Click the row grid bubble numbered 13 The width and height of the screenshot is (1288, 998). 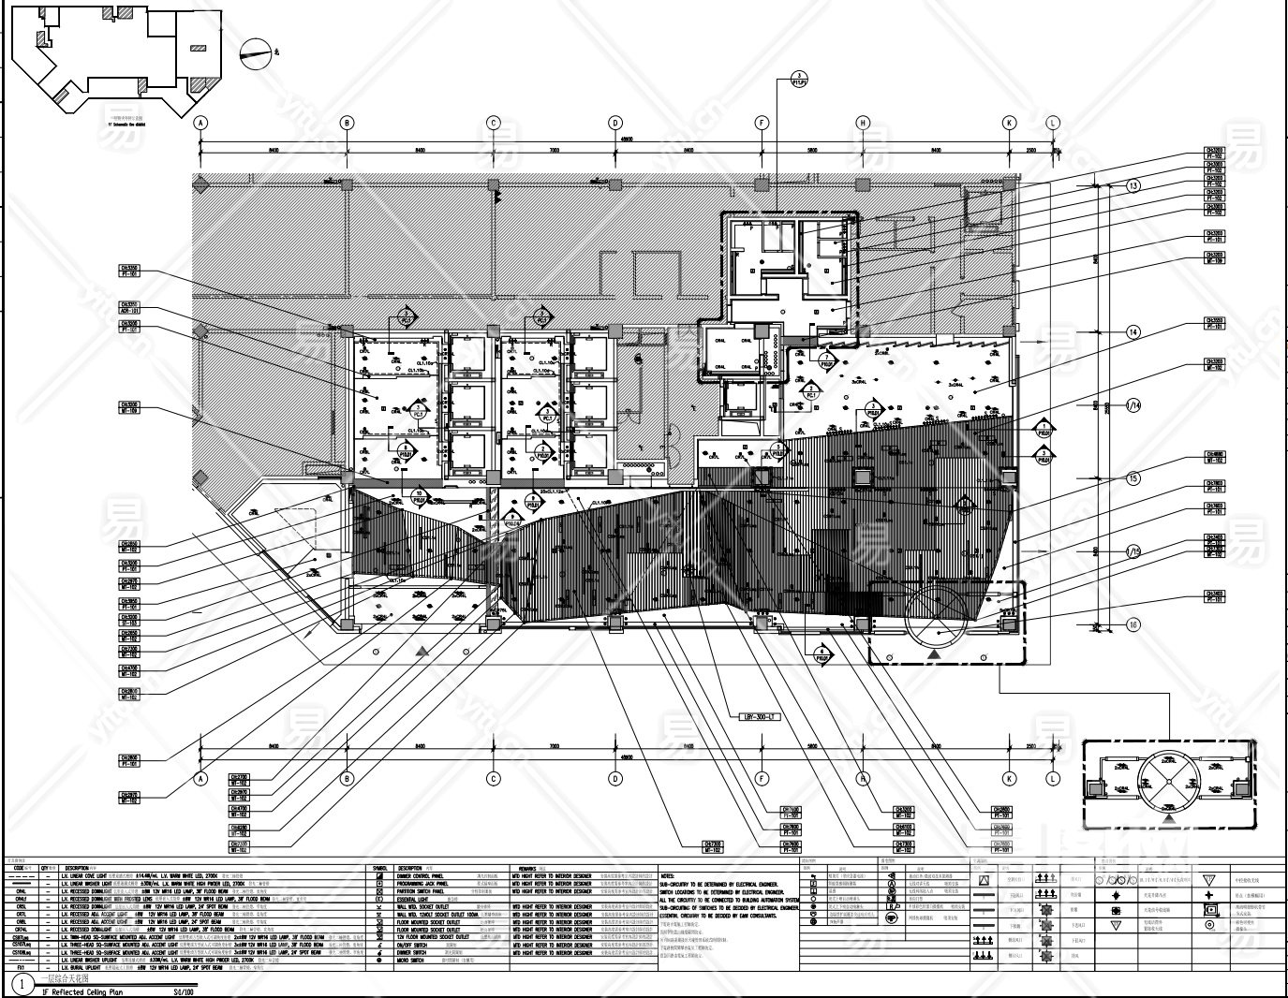1133,186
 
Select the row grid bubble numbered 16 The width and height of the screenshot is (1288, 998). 1133,625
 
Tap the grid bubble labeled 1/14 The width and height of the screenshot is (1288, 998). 1133,405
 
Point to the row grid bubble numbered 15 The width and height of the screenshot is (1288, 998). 1133,478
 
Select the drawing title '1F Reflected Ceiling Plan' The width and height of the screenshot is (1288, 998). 82,991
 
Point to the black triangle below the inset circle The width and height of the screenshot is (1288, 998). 1168,819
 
